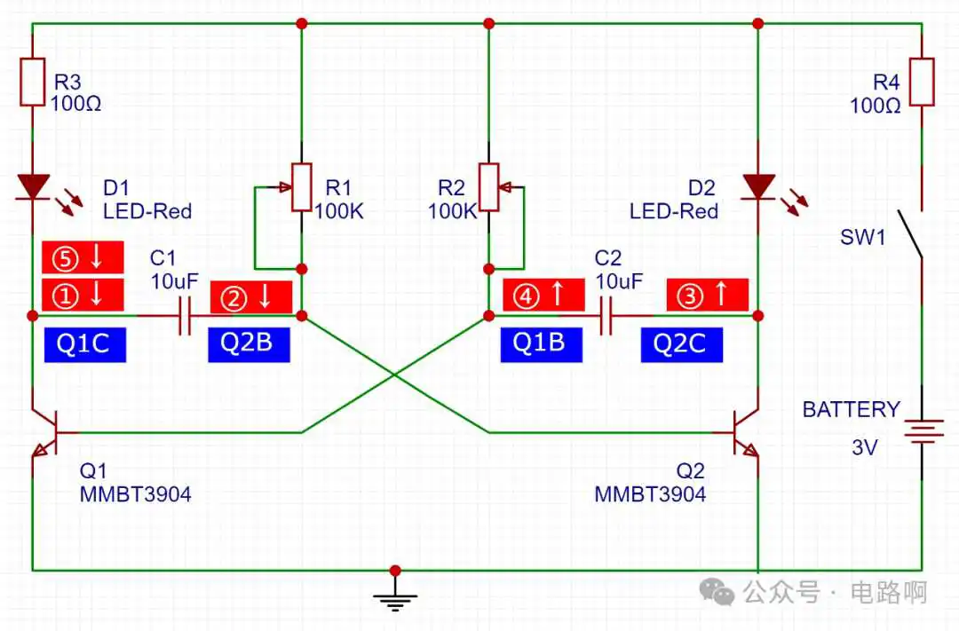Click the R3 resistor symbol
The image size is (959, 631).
coord(33,82)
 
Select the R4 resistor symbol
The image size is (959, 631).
coord(922,82)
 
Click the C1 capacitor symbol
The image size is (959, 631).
coord(185,316)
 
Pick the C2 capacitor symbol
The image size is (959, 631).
coord(606,316)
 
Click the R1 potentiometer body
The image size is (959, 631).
coord(302,187)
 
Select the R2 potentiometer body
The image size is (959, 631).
coord(488,187)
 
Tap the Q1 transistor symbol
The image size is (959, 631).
coord(46,433)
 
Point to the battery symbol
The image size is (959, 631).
coord(923,430)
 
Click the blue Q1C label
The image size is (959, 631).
coord(85,345)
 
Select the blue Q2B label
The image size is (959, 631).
coord(249,345)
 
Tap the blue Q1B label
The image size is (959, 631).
coord(542,345)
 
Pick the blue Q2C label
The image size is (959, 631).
coord(682,345)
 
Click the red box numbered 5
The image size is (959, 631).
coord(83,256)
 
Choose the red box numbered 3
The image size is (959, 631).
coord(708,295)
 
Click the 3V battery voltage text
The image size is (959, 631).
coord(865,447)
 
